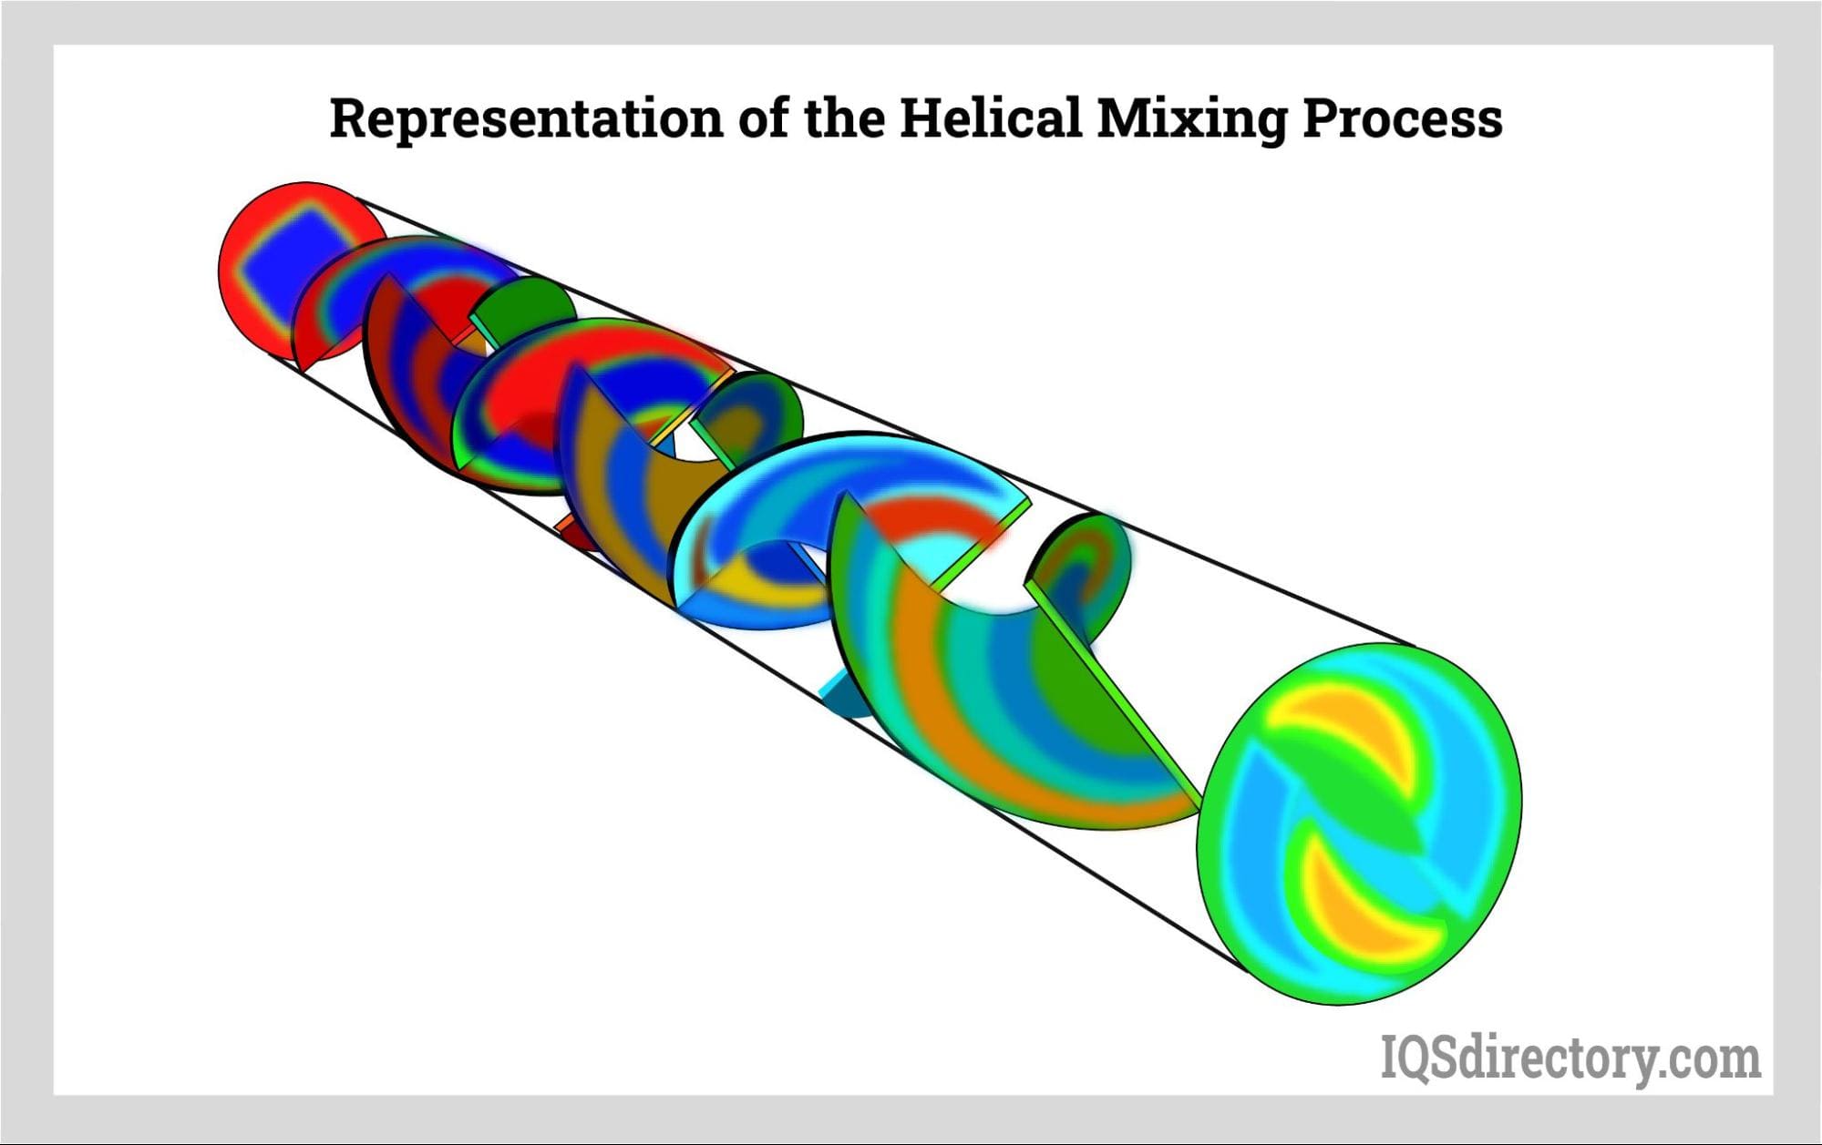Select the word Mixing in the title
tap(1191, 119)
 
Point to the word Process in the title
tap(1403, 118)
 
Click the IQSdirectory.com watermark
tap(1570, 1058)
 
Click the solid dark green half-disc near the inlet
tap(525, 305)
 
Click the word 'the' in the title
tap(844, 118)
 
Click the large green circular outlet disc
tap(1359, 823)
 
